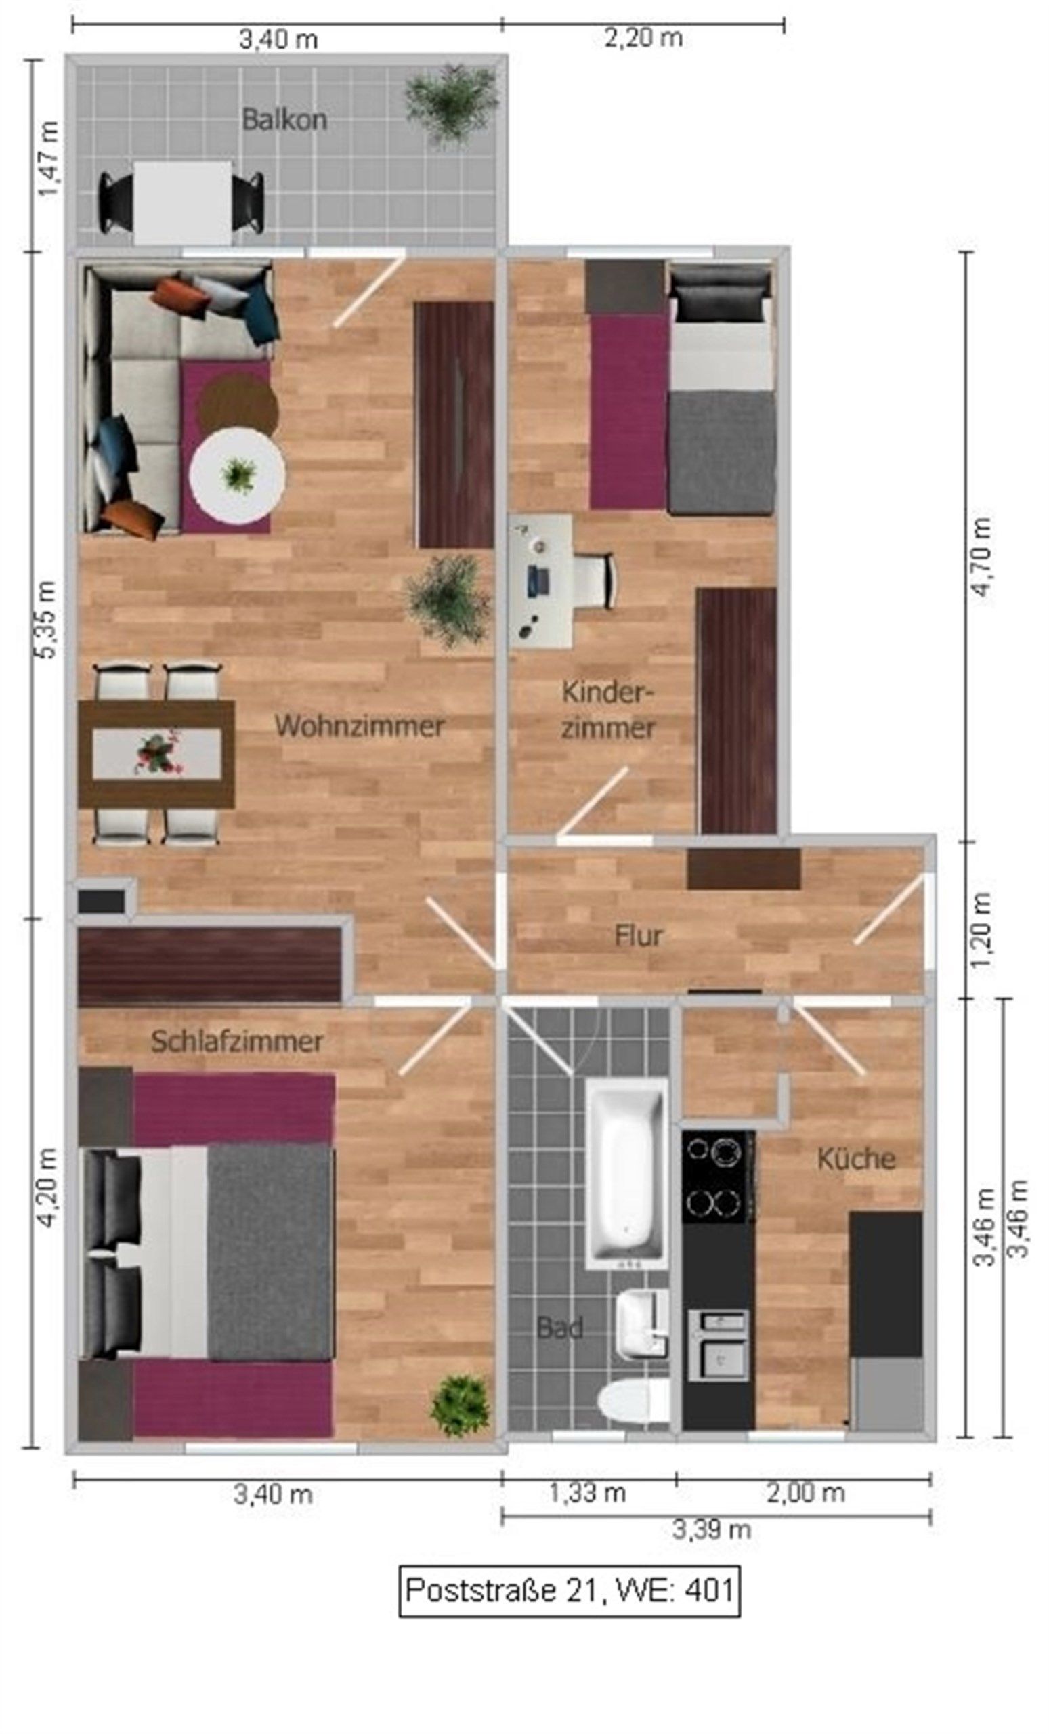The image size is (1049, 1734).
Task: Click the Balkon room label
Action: (284, 120)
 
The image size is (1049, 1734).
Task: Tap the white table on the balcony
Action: (182, 202)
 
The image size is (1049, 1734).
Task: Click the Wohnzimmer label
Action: (360, 725)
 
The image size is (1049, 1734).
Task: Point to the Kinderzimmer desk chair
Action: (594, 580)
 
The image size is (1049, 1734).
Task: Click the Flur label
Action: (638, 936)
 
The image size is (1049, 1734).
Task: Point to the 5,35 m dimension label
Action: (47, 619)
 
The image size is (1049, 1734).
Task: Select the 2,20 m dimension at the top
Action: (643, 38)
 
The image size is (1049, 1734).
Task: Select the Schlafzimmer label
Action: (237, 1042)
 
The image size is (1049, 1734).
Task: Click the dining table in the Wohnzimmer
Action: (156, 753)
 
